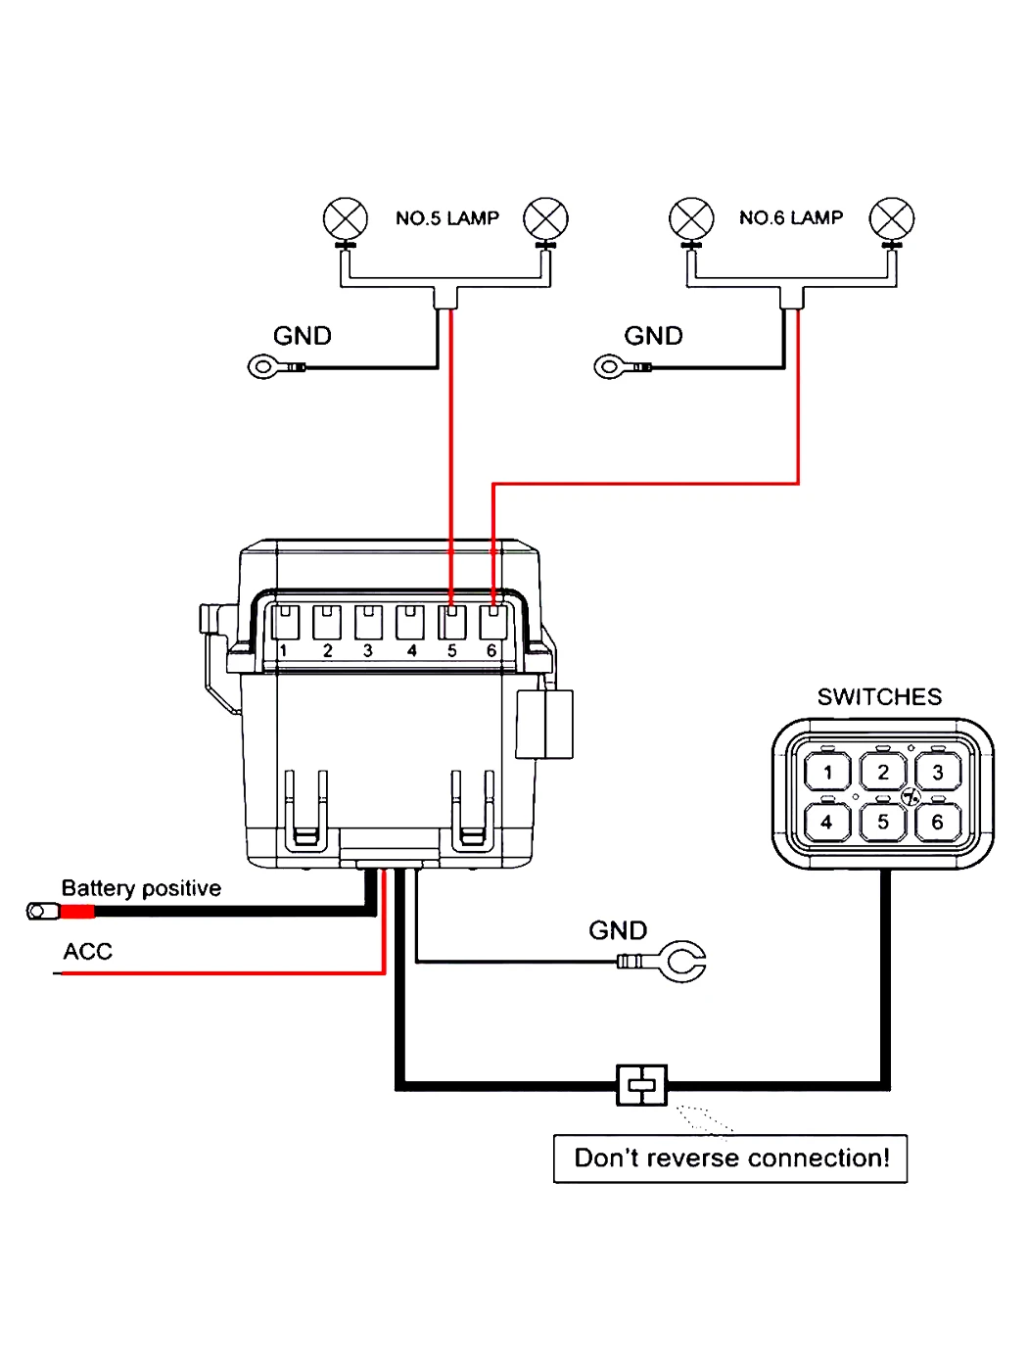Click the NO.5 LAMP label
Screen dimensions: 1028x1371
[x=446, y=218]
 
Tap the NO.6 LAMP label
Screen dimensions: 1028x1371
[x=791, y=217]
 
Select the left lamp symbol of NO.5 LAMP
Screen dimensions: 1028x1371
[x=346, y=219]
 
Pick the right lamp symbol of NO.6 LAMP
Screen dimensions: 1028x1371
[x=891, y=219]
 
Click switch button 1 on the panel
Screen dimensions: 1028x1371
[x=827, y=772]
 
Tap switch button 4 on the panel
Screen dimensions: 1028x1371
[x=827, y=822]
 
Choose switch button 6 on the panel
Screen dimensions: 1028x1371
[x=938, y=822]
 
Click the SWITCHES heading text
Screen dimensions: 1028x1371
[x=879, y=697]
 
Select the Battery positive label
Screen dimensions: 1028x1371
[x=141, y=888]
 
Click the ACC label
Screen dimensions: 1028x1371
[x=87, y=951]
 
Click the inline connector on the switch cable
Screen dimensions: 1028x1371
[x=641, y=1085]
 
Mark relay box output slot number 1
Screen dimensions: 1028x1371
[x=285, y=622]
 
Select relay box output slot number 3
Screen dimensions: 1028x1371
[x=368, y=622]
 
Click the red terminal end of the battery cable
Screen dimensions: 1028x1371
[x=77, y=912]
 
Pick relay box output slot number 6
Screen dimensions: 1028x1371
[x=493, y=622]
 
